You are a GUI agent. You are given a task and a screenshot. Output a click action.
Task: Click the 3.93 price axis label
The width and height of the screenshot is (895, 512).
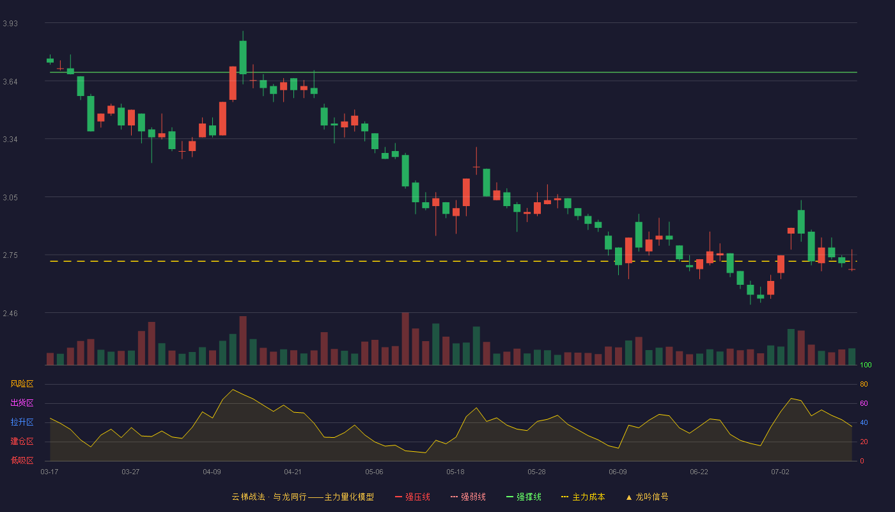pos(10,24)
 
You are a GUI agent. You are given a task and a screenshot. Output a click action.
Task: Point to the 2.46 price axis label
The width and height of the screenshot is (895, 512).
pos(10,314)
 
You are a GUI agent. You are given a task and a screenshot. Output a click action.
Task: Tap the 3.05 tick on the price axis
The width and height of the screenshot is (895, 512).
pos(10,198)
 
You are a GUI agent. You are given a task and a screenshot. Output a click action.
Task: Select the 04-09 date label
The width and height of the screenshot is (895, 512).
pos(212,472)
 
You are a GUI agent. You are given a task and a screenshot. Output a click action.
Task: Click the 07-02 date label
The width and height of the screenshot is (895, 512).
pos(780,472)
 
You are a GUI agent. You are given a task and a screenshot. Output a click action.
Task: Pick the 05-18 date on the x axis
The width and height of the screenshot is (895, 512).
pos(455,472)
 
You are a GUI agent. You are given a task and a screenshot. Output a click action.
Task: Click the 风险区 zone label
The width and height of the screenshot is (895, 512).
pos(22,384)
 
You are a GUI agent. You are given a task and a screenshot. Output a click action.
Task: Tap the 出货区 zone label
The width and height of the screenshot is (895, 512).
pos(22,403)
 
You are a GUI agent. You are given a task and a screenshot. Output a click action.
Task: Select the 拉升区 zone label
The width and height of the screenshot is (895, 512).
pos(22,422)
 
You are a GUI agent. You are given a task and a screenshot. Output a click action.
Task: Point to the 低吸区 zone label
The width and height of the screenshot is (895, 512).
pos(22,460)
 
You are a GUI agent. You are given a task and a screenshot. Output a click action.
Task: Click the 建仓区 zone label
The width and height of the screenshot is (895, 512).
pos(22,441)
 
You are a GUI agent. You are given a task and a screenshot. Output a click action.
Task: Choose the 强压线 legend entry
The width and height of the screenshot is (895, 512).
pos(412,497)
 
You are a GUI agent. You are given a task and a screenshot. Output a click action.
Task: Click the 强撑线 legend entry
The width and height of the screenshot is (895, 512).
pos(524,497)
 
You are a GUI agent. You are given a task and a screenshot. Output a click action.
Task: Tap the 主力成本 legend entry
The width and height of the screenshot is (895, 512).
pos(583,497)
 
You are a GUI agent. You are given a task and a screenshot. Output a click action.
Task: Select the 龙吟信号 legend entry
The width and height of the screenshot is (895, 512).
pos(647,497)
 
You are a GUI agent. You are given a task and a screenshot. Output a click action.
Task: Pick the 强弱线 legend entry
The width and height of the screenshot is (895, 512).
pos(468,497)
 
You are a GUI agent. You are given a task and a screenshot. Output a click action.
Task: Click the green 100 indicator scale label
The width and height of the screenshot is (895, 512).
pos(866,365)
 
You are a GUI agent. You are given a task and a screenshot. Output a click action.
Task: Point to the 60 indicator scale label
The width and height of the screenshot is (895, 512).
pos(864,403)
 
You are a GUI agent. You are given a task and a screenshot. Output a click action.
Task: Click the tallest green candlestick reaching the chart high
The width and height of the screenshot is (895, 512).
pos(243,57)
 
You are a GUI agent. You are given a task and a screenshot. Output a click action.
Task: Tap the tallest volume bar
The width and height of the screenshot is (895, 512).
pos(405,339)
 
